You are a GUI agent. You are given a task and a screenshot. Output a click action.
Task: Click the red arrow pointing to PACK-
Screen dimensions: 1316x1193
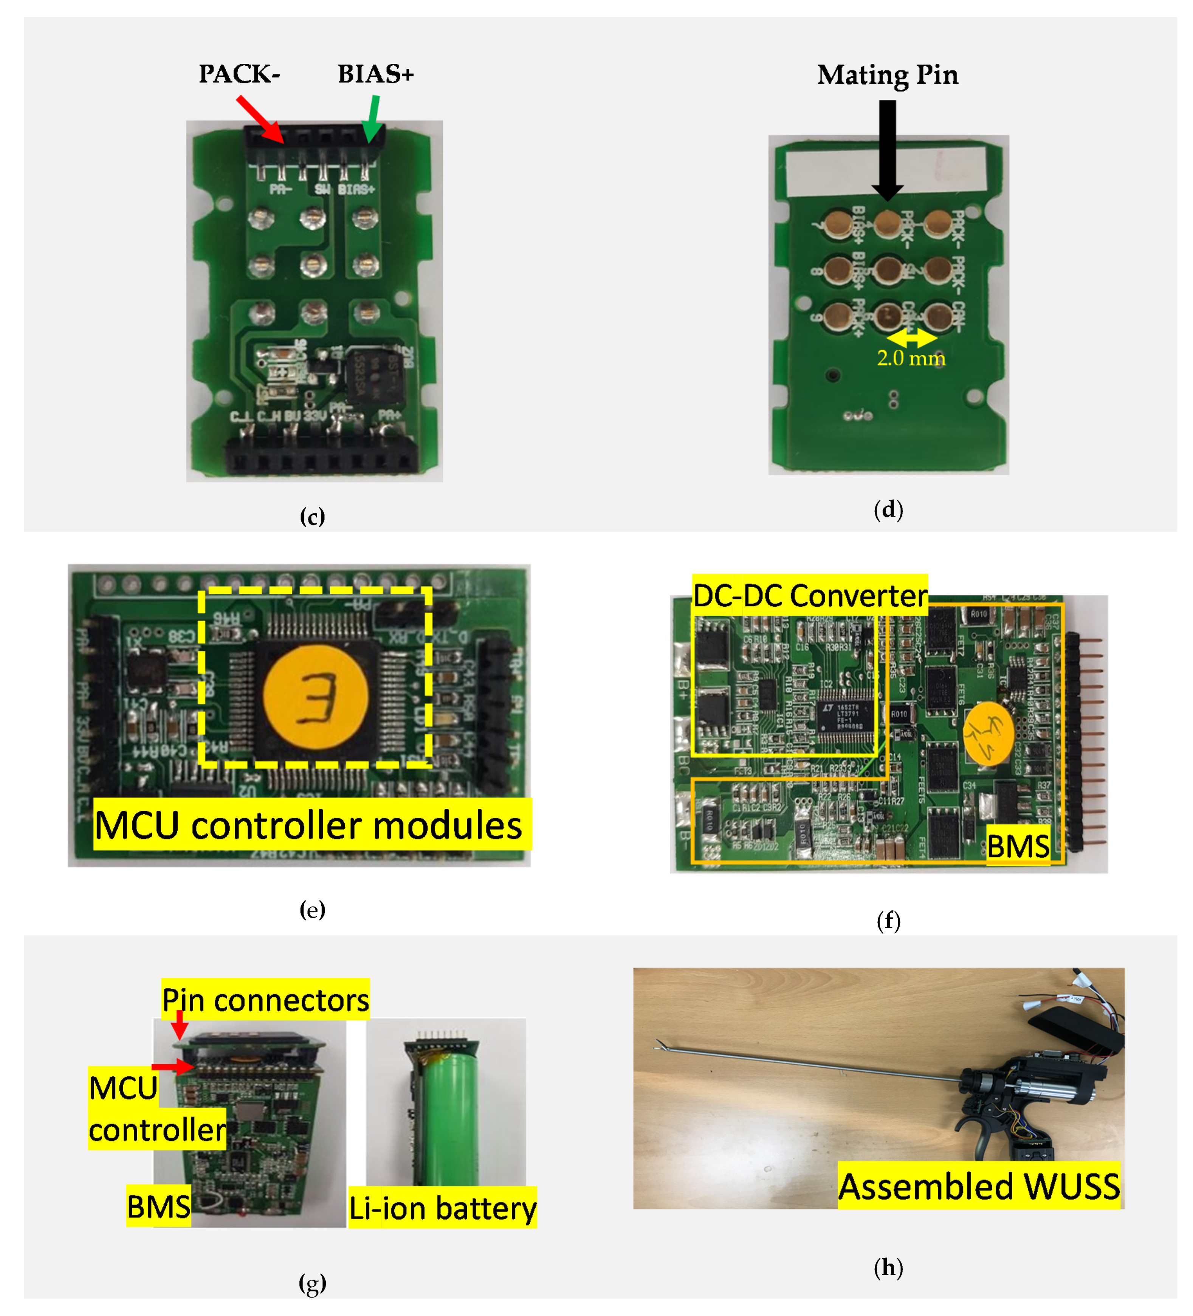[260, 119]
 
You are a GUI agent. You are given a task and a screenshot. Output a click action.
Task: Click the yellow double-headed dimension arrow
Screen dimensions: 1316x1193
[911, 338]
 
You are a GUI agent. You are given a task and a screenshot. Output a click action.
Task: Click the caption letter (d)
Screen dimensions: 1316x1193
[888, 509]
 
